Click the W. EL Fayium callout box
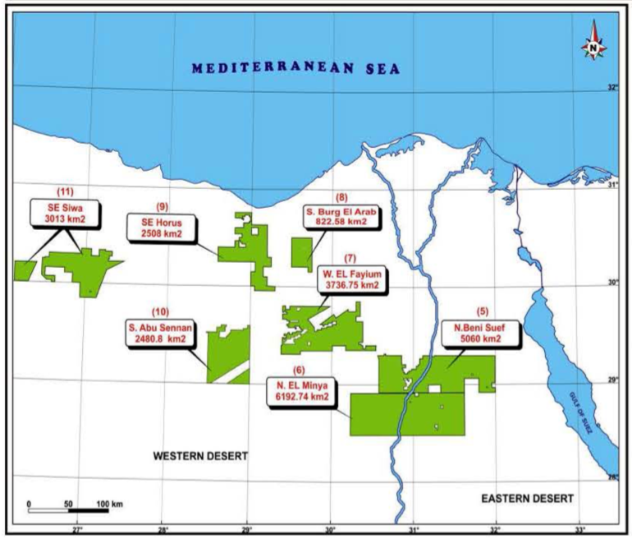(x=350, y=279)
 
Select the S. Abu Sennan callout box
(x=158, y=331)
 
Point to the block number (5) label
(x=483, y=311)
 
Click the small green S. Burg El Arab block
(x=302, y=252)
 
